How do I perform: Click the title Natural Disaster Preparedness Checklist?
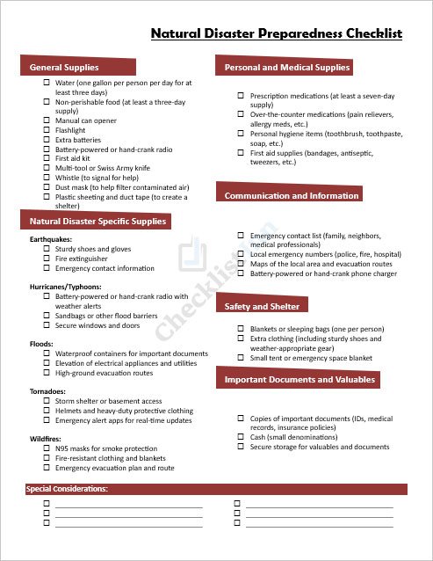276,34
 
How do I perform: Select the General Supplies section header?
64,68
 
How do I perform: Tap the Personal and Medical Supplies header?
287,67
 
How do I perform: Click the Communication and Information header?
292,195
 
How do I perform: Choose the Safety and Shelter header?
262,306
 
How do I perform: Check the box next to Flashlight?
47,130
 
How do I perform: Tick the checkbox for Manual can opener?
47,120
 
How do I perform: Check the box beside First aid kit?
47,159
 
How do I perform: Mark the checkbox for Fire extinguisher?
47,259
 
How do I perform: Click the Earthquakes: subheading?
50,239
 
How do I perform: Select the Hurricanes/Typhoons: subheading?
66,287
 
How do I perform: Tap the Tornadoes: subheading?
48,391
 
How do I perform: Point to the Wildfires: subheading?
47,439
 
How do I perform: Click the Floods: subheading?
41,344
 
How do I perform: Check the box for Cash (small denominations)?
241,437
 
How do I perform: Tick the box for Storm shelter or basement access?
47,401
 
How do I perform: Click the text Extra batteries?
78,140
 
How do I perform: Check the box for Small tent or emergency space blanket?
241,358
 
